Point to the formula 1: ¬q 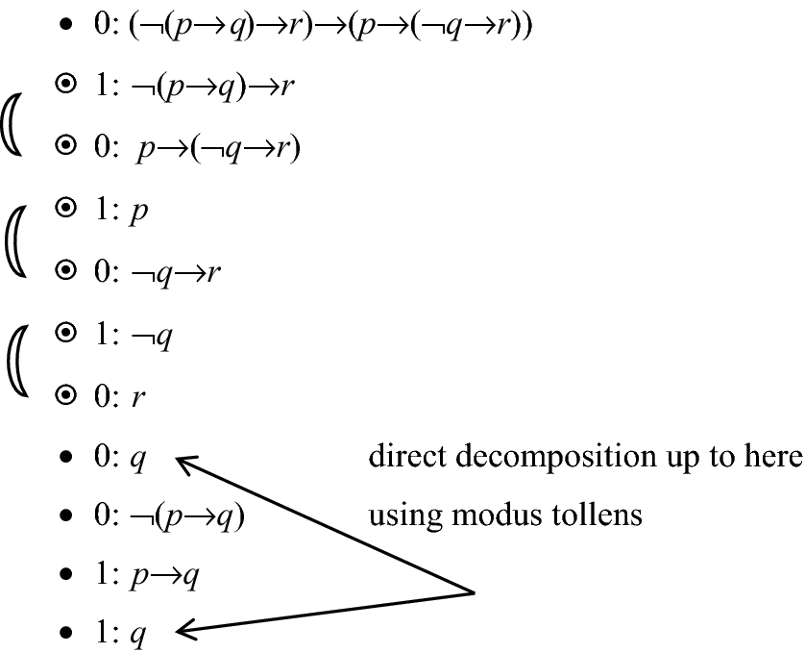tap(134, 338)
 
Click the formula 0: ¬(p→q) tap(169, 516)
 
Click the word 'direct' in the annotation tap(403, 458)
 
